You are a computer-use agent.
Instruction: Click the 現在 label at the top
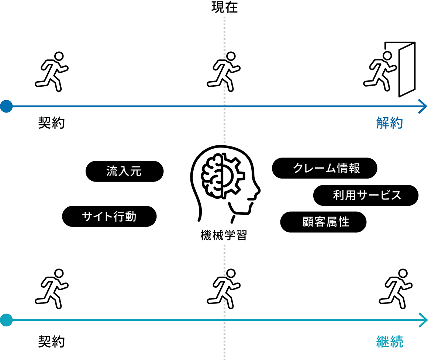(224, 7)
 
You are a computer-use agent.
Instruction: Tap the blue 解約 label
(390, 123)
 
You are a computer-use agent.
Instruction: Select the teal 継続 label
(390, 342)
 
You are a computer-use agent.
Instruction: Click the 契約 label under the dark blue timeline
(51, 123)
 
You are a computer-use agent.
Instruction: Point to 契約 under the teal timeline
(51, 342)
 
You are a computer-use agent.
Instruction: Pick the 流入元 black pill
(124, 171)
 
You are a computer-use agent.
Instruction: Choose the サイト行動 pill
(109, 216)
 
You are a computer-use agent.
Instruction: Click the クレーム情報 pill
(325, 168)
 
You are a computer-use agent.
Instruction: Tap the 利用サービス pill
(366, 195)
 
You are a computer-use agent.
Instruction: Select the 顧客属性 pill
(323, 222)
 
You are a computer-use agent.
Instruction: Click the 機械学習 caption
(224, 235)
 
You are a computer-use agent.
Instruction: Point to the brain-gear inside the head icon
(223, 176)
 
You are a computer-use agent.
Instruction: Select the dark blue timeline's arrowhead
(423, 106)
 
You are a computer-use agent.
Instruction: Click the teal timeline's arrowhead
(423, 320)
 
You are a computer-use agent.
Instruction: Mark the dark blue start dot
(6, 106)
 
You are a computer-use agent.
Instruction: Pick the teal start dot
(6, 320)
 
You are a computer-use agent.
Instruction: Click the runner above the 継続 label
(396, 289)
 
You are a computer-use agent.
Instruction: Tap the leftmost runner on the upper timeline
(52, 72)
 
